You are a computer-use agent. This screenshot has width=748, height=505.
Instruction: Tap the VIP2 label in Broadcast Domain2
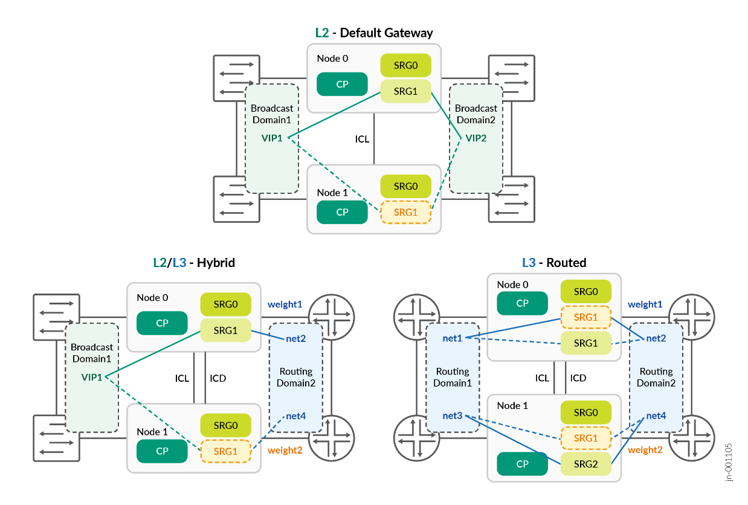475,138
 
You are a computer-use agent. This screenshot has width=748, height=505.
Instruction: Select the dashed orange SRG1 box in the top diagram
405,212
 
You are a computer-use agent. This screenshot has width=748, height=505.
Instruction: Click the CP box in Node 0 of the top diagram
342,84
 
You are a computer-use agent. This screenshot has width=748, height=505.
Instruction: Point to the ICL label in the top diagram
362,140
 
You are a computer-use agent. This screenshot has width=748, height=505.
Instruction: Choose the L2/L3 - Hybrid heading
194,263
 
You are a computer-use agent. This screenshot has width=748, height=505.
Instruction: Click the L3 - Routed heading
554,263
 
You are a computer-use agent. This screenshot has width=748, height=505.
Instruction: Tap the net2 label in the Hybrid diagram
295,338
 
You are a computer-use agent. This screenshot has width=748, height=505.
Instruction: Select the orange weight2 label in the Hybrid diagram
285,450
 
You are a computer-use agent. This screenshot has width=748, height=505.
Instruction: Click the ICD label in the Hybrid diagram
218,379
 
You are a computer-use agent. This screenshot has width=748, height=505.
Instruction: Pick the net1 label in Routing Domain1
453,338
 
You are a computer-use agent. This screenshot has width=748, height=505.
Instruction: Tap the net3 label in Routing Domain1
453,416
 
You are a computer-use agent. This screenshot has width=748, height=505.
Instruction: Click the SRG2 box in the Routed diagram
585,464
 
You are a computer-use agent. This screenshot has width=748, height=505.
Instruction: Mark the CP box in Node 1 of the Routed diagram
522,464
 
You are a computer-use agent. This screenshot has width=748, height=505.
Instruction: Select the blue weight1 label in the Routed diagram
645,304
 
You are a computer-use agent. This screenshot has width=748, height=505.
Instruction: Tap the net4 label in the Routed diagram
656,416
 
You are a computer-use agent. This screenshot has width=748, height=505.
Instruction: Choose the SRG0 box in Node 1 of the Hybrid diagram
225,425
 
